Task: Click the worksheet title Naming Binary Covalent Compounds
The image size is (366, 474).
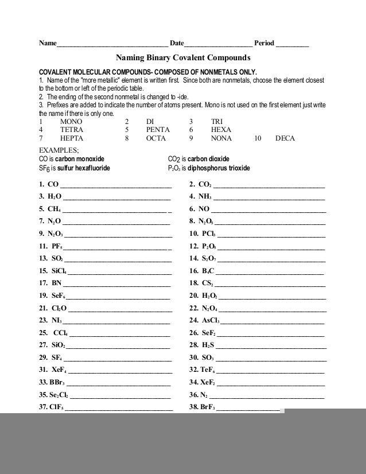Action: [x=184, y=58]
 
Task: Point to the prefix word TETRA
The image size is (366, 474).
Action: [x=72, y=130]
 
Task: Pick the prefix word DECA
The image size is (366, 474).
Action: [x=286, y=138]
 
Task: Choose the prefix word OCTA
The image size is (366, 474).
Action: [x=156, y=138]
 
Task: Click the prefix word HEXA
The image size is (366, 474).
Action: [x=221, y=130]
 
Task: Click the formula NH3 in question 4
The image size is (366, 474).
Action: [x=205, y=197]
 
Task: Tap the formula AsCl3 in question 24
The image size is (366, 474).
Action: [x=211, y=320]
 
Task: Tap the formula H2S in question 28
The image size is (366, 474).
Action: [x=208, y=345]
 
